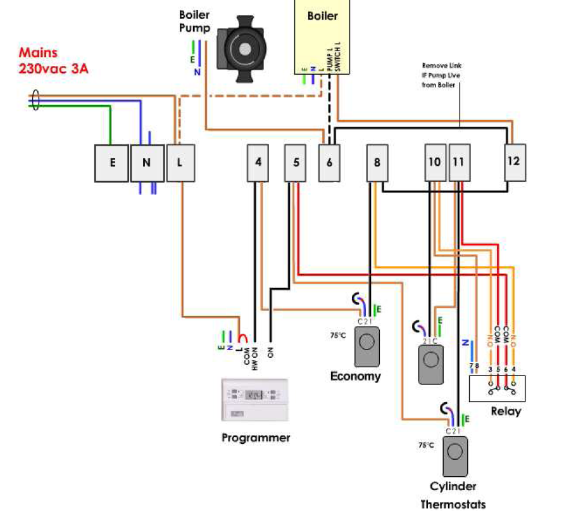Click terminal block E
[112, 163]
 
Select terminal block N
[147, 163]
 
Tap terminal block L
[180, 163]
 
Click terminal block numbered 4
[258, 162]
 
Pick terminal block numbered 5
[296, 162]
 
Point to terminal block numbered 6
[329, 162]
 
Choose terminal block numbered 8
[377, 163]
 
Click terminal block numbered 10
[434, 163]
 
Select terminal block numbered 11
[459, 163]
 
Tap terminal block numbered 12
[513, 161]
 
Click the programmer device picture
[254, 400]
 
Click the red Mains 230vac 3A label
[53, 61]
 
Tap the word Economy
[356, 377]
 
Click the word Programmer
[256, 438]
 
